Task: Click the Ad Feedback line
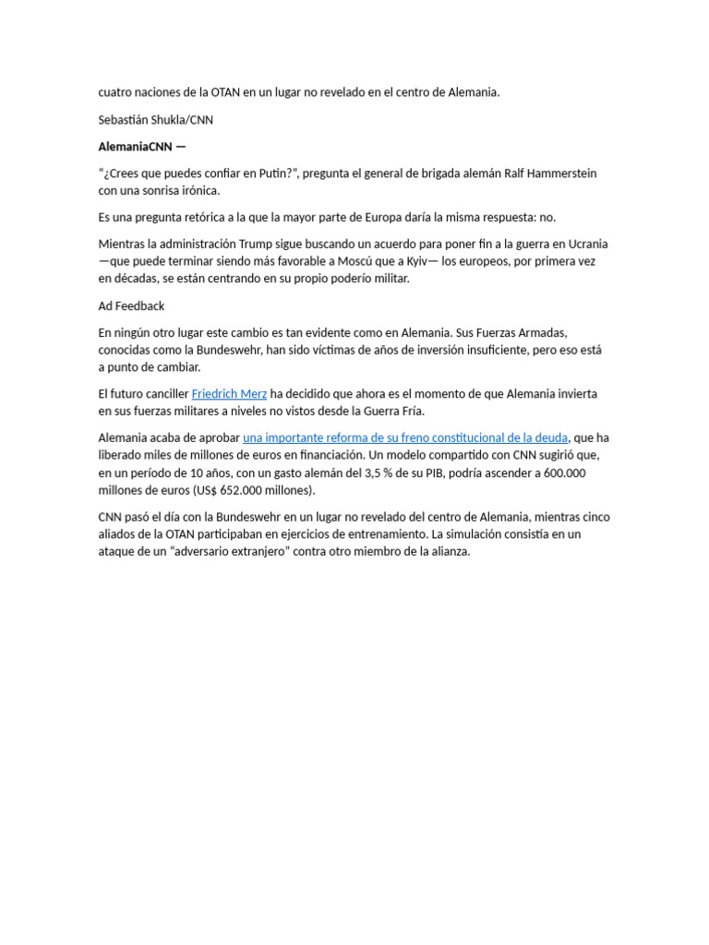click(131, 305)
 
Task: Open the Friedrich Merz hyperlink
click(229, 393)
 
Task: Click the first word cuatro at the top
click(115, 92)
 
